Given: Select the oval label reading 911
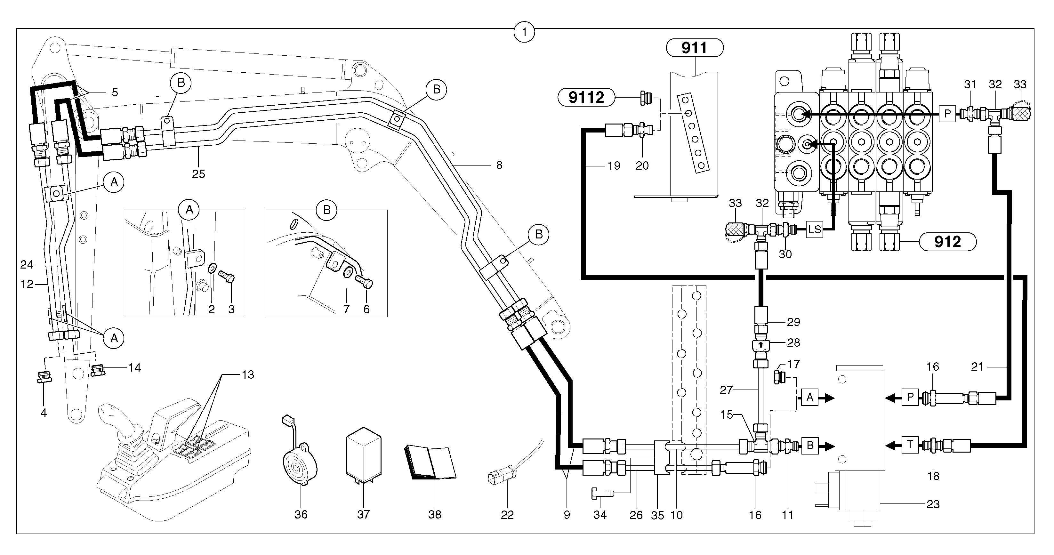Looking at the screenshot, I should click(694, 48).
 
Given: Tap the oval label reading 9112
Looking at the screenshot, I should click(586, 97).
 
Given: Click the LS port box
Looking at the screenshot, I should click(815, 229).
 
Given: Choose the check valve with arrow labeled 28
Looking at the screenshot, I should click(760, 345).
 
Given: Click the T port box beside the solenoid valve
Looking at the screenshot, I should click(910, 445).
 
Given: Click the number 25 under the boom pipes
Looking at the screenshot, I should click(198, 174).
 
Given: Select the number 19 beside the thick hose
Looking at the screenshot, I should click(614, 166).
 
